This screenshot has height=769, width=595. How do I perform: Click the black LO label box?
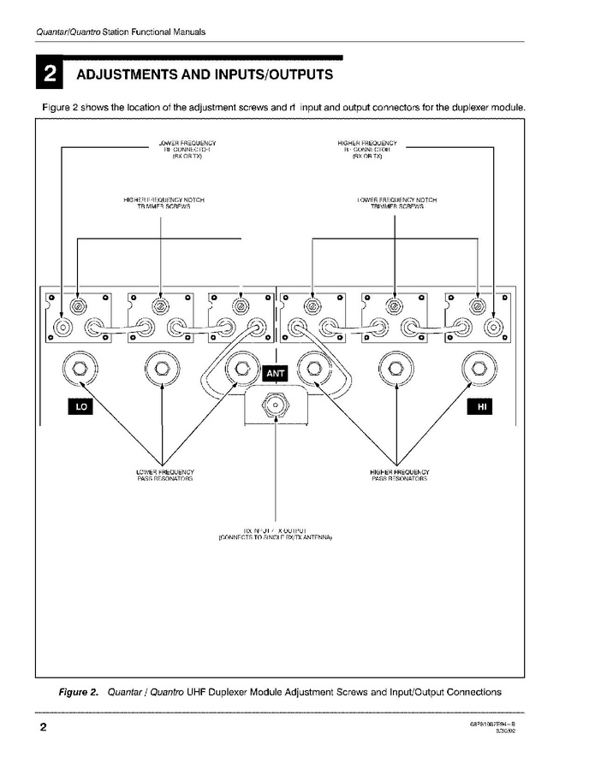81,408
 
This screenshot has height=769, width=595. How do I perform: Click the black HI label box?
482,408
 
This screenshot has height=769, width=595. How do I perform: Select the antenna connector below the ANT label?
276,403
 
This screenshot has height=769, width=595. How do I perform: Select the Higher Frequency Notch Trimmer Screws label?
164,203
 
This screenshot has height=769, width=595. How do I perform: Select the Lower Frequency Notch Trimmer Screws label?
396,203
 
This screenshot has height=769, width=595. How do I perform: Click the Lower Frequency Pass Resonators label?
165,475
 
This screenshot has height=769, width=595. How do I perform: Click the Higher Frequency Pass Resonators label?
400,475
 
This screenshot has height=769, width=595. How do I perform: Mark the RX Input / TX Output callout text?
275,534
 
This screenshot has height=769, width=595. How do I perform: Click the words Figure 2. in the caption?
78,691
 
